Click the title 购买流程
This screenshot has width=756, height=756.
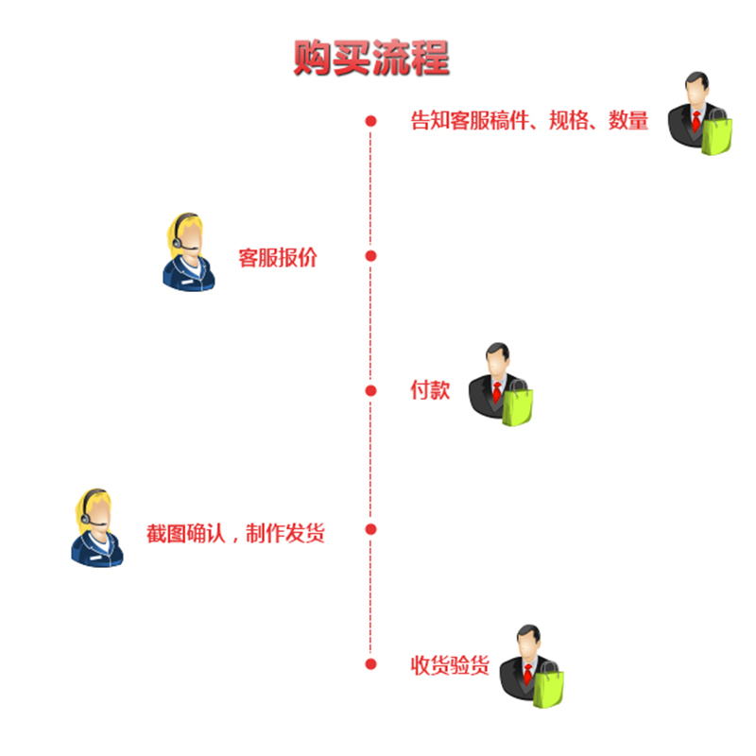click(x=370, y=58)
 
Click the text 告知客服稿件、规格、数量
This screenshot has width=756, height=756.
click(x=529, y=121)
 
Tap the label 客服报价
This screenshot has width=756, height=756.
click(x=278, y=257)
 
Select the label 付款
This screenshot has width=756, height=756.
click(x=429, y=390)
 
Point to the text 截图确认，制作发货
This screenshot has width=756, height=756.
click(x=235, y=533)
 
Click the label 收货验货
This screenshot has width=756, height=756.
click(x=449, y=665)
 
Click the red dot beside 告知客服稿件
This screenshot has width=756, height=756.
click(x=371, y=121)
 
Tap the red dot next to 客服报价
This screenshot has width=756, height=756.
click(x=371, y=256)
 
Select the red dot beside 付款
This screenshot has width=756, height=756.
click(x=371, y=390)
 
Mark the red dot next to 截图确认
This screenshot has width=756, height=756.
click(x=371, y=529)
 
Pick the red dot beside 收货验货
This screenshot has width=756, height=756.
click(x=371, y=664)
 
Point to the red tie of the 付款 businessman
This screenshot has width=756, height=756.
click(x=497, y=388)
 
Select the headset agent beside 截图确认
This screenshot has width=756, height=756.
click(x=95, y=529)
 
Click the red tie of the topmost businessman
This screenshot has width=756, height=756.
click(x=696, y=120)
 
